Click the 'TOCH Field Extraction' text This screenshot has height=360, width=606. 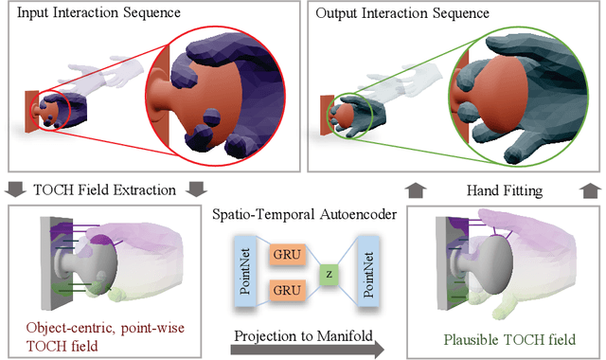tap(107, 190)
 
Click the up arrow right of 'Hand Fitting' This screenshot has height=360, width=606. tap(579, 190)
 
